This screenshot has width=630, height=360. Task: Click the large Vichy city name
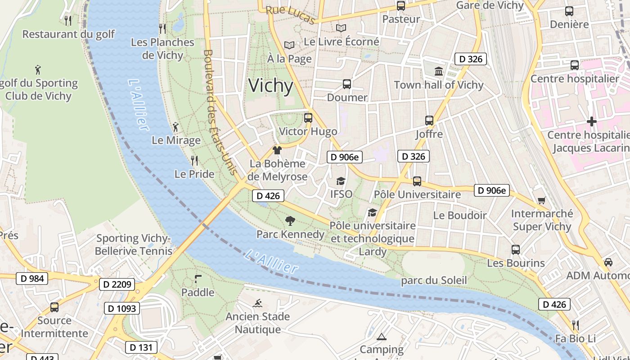click(x=270, y=85)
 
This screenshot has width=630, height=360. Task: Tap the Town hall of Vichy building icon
click(x=438, y=71)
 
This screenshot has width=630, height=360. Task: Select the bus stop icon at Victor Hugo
click(x=308, y=118)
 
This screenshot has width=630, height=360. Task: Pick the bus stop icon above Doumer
click(x=346, y=84)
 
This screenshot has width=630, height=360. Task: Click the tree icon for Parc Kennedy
click(x=290, y=221)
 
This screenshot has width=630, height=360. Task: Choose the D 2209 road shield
click(x=117, y=284)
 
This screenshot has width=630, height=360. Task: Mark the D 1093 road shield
click(x=122, y=308)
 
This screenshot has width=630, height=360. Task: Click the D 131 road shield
click(x=141, y=347)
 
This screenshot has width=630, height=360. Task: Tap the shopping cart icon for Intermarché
click(x=541, y=200)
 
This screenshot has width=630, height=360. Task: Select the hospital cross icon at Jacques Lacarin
click(x=591, y=121)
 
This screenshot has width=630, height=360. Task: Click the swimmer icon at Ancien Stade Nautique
click(x=258, y=303)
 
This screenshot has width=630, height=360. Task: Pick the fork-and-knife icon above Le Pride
click(x=194, y=160)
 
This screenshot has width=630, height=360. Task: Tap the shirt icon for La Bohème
click(x=277, y=150)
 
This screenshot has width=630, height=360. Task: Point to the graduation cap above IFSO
click(x=341, y=181)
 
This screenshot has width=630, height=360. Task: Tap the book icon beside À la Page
click(x=289, y=45)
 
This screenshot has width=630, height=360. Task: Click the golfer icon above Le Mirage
click(x=175, y=127)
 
